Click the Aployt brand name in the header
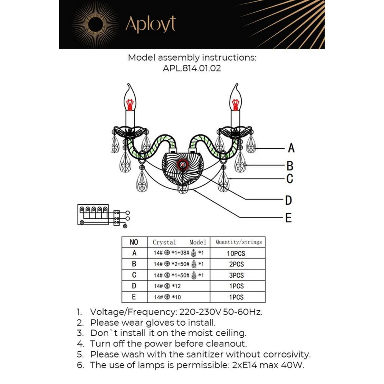tap(151, 25)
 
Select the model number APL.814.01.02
tap(192, 69)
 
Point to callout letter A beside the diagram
tap(291, 148)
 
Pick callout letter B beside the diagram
tap(290, 166)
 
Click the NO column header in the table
tap(134, 242)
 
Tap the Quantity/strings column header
tap(238, 242)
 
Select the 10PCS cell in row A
tap(236, 253)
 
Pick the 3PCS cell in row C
tap(236, 275)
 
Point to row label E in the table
tap(134, 297)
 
